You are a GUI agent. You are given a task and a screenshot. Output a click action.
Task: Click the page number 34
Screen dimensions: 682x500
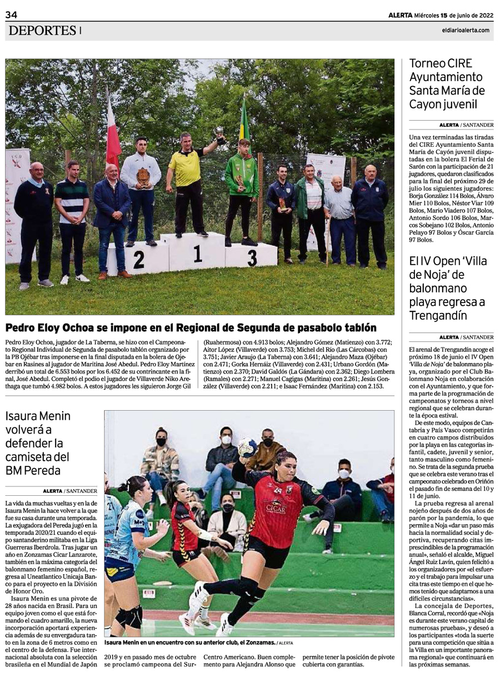[x=12, y=15]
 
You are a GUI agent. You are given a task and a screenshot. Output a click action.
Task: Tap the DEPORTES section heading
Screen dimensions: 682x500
[x=42, y=31]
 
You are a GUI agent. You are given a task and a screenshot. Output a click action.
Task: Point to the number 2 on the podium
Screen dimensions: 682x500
[x=138, y=260]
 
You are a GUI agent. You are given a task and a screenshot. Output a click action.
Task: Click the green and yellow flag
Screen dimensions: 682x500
[x=244, y=122]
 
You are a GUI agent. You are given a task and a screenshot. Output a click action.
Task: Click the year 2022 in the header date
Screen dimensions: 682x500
[x=482, y=15]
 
